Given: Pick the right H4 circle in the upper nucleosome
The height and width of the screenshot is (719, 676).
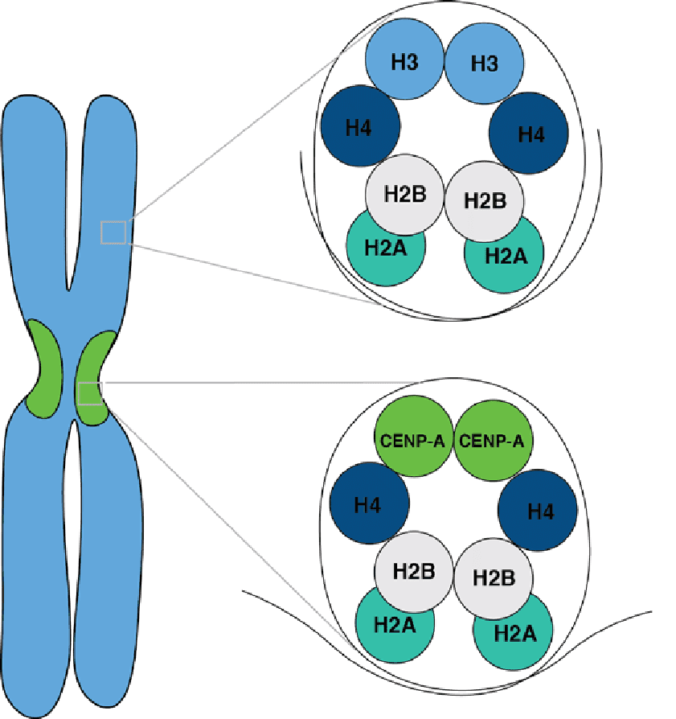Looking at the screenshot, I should pyautogui.click(x=529, y=133).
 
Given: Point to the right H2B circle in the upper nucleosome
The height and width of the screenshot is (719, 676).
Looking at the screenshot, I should pyautogui.click(x=485, y=199).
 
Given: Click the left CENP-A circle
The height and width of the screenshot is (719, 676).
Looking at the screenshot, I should pyautogui.click(x=414, y=440).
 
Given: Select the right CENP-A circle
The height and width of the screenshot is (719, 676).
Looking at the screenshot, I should pyautogui.click(x=492, y=440).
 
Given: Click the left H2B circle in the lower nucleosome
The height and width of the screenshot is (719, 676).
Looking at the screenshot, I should pyautogui.click(x=414, y=571).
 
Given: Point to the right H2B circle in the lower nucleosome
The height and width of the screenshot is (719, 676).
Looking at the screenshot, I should pyautogui.click(x=493, y=577).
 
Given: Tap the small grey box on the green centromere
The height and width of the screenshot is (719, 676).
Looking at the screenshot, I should pyautogui.click(x=88, y=393).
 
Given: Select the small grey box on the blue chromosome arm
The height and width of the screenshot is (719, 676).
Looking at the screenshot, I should pyautogui.click(x=113, y=232).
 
